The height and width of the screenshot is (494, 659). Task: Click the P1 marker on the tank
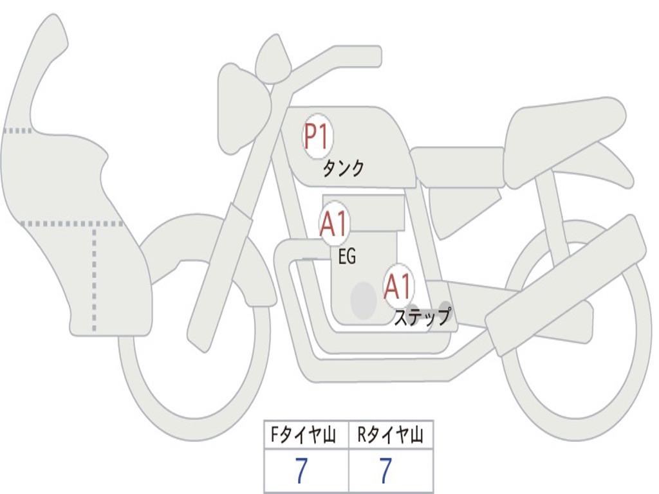click(318, 136)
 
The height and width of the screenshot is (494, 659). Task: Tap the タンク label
click(343, 169)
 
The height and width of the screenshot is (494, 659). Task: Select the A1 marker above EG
click(335, 223)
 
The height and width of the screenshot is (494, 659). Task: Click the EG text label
click(347, 256)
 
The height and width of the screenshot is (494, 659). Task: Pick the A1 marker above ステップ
click(398, 286)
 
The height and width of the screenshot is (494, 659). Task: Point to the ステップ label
click(422, 316)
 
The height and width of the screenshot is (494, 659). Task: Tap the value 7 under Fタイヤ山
click(301, 470)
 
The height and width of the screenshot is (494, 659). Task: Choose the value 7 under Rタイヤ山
click(385, 470)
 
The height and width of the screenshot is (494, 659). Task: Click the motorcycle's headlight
click(244, 110)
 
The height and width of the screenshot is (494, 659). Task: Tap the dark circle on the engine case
click(364, 300)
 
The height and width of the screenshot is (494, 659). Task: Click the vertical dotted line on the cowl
click(94, 279)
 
